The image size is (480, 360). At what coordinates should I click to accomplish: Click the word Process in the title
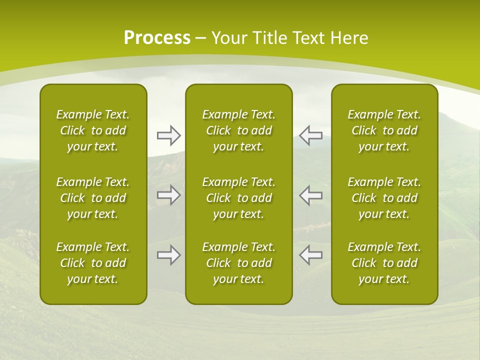(x=157, y=38)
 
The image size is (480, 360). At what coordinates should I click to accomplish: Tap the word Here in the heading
(x=349, y=38)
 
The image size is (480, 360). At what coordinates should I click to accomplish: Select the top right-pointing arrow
(x=169, y=135)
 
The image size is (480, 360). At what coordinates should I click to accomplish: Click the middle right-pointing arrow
(x=169, y=195)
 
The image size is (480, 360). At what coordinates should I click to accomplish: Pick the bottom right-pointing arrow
(x=169, y=255)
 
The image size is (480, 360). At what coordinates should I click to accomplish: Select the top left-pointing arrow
(x=310, y=135)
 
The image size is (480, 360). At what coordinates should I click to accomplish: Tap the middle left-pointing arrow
(x=310, y=195)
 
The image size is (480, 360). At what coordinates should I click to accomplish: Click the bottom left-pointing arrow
(x=310, y=255)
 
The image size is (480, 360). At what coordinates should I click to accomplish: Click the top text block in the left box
(x=93, y=130)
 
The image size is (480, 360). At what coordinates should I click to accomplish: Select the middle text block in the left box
(x=93, y=198)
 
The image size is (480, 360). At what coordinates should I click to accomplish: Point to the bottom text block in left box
(x=93, y=263)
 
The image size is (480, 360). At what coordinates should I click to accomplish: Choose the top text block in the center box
(x=238, y=130)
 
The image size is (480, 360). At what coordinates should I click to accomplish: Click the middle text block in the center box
(x=238, y=198)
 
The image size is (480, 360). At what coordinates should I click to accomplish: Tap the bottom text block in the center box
(x=238, y=263)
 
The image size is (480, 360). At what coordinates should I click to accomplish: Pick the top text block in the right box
(x=384, y=130)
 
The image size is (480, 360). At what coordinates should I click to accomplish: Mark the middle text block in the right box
(x=384, y=198)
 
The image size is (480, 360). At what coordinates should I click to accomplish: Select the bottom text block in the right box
(x=384, y=263)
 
